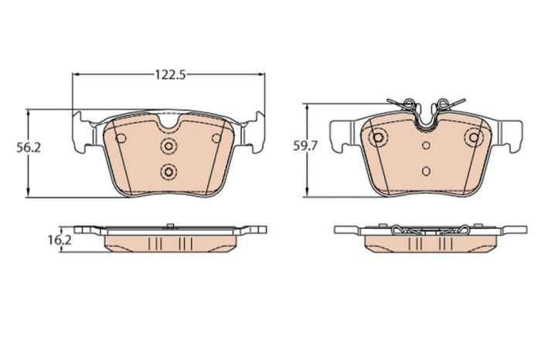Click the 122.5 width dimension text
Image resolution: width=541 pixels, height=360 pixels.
point(168,75)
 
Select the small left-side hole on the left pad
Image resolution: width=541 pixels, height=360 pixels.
point(121,137)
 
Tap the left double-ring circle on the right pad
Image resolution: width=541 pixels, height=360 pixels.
point(378,138)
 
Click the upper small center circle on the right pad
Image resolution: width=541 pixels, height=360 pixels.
point(427,144)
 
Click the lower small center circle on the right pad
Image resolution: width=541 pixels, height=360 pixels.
point(427,169)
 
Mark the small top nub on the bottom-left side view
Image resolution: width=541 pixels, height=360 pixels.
point(168,226)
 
